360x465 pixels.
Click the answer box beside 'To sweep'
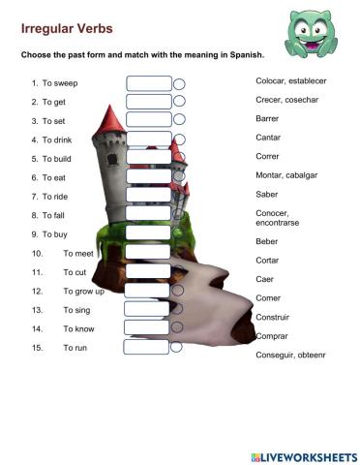148,83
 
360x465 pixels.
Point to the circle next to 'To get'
179,101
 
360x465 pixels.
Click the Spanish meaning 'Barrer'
268,119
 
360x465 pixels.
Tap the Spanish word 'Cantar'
268,138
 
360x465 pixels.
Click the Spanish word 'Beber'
267,240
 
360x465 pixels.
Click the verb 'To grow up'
83,291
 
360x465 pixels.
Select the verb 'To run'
75,347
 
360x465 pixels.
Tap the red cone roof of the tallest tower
113,119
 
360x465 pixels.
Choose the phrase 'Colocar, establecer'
292,80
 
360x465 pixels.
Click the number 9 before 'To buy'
34,234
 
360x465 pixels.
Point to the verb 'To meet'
78,253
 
